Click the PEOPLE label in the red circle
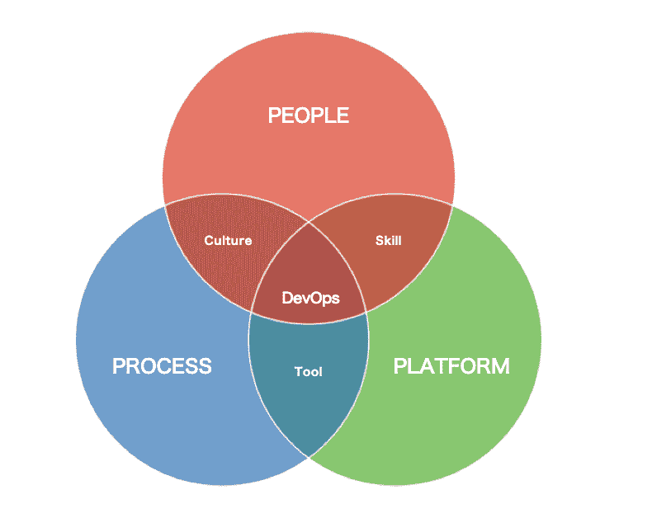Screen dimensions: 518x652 click(308, 115)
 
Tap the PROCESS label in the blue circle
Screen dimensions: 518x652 click(162, 365)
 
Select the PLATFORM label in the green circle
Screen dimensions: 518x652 click(451, 365)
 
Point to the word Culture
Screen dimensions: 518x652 click(228, 241)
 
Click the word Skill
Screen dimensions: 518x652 click(388, 241)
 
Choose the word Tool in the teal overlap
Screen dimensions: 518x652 click(309, 372)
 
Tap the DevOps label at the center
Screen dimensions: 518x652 click(310, 298)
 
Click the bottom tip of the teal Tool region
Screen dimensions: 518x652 click(309, 456)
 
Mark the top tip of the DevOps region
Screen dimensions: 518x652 click(309, 220)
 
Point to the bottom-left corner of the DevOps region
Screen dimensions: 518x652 click(250, 313)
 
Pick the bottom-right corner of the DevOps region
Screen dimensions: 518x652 click(367, 313)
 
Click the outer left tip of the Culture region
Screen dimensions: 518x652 click(165, 205)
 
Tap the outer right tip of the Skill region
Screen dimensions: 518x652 click(452, 205)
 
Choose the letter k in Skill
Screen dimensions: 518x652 click(385, 241)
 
